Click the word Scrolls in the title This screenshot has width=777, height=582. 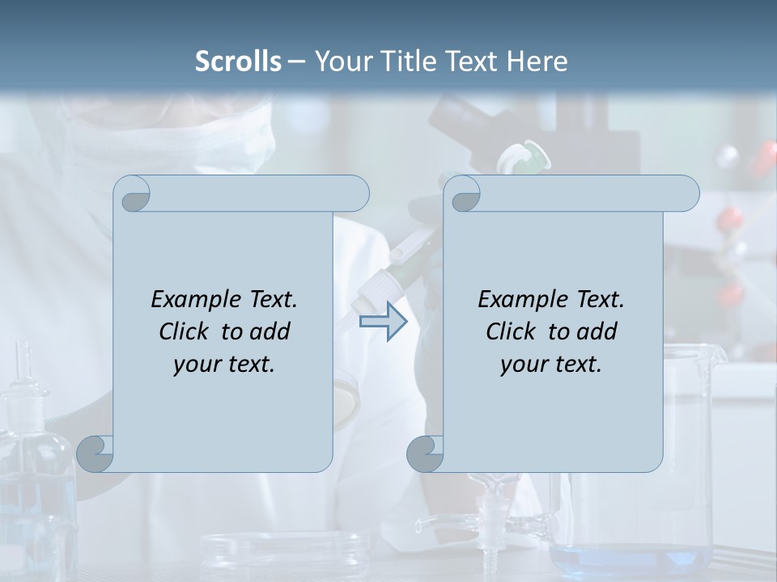pos(238,61)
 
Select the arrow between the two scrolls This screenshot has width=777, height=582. pos(383,322)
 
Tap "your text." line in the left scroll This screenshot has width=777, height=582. pos(224,365)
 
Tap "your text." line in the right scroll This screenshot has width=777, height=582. pos(550,365)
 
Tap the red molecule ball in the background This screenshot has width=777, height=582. pos(731,217)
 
